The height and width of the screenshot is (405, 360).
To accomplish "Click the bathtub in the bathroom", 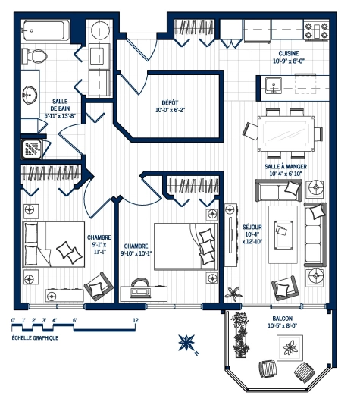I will [45, 32].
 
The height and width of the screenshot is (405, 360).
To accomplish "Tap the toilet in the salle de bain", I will [33, 57].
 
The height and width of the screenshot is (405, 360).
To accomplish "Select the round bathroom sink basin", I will [30, 95].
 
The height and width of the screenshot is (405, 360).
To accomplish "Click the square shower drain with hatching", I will [34, 148].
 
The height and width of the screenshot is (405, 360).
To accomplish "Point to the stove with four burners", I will [316, 30].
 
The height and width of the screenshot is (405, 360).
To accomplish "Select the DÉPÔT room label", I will [170, 102].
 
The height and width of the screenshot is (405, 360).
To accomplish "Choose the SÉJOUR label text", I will [252, 226].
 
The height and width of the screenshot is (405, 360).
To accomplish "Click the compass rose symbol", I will [186, 344].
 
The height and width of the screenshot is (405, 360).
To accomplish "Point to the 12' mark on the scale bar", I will [136, 321].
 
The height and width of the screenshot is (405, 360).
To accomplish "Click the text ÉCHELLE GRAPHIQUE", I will [36, 339].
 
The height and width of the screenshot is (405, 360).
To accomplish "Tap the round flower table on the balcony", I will [290, 350].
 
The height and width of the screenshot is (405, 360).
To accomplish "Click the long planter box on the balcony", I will [241, 334].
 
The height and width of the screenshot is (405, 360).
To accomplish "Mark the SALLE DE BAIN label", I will [61, 109].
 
